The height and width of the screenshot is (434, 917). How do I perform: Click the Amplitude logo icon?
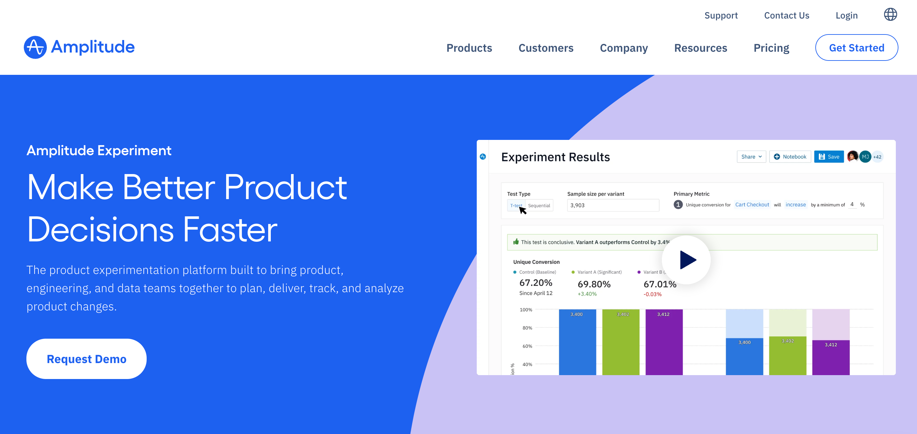[x=35, y=47]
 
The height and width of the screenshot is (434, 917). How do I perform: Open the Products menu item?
[x=469, y=48]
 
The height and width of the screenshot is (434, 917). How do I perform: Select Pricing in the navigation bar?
[x=771, y=48]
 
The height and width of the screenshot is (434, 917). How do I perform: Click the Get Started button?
[x=856, y=47]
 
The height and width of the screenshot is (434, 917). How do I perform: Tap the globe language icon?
[x=890, y=15]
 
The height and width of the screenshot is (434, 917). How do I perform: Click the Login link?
[x=847, y=15]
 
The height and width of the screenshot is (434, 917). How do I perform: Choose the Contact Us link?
[x=787, y=15]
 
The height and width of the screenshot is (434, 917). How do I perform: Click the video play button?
[x=686, y=260]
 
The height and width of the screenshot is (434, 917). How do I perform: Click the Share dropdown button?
[x=751, y=157]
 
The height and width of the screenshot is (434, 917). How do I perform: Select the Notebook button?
[x=790, y=157]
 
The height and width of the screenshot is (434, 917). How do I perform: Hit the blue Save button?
[x=829, y=157]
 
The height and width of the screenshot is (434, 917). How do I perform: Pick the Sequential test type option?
[x=539, y=205]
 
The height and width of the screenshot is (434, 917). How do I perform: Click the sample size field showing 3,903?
[x=613, y=205]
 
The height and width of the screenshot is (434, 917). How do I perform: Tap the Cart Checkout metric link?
[x=752, y=205]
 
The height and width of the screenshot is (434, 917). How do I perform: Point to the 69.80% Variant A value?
[x=594, y=284]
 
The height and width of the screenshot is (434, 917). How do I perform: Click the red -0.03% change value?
[x=652, y=294]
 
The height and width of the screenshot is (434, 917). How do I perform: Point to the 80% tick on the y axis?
[x=527, y=328]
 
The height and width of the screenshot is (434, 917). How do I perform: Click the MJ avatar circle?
[x=865, y=157]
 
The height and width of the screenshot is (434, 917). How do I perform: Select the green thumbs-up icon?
[x=516, y=242]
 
